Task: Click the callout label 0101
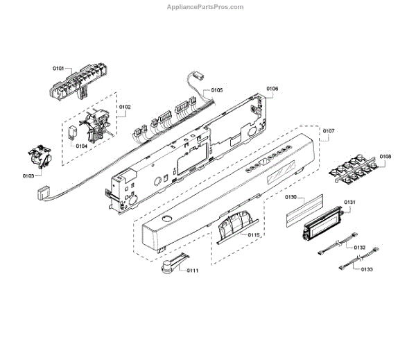click(58, 69)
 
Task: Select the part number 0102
click(125, 107)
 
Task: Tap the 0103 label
click(28, 176)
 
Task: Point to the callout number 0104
click(81, 146)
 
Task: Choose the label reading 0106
click(272, 89)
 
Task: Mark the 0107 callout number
click(329, 130)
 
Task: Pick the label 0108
click(385, 157)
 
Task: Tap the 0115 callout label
click(254, 235)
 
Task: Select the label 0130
click(291, 198)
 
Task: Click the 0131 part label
click(349, 203)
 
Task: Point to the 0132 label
click(360, 248)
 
